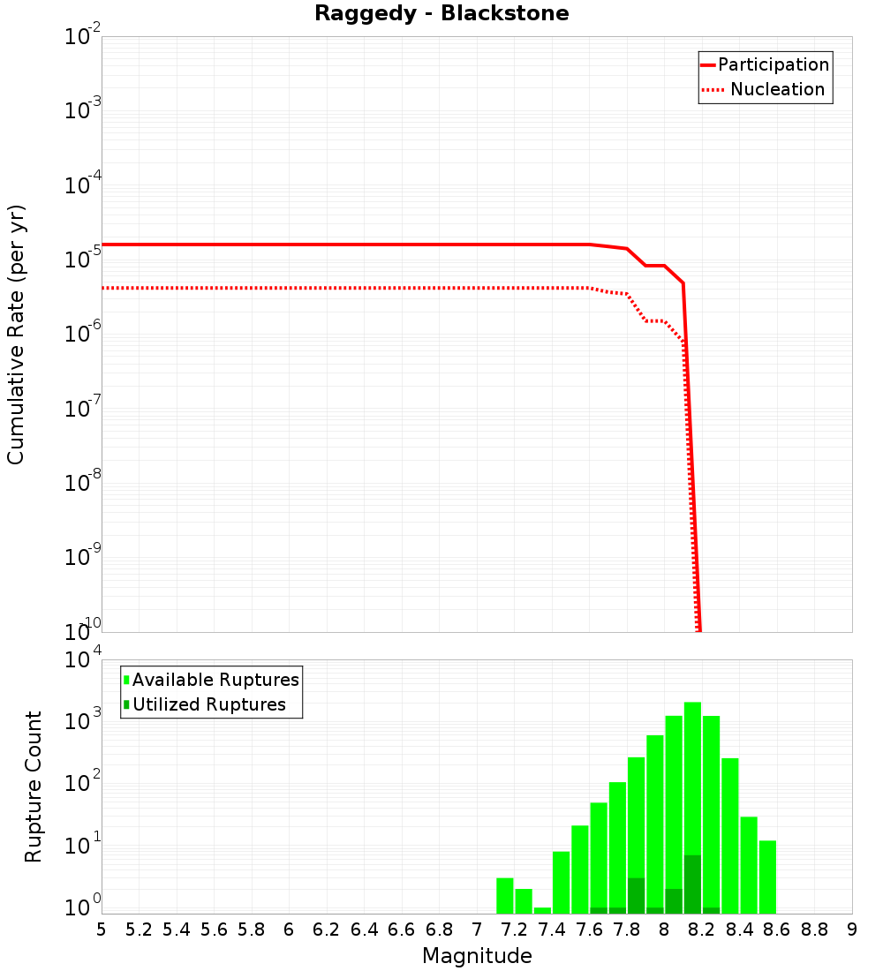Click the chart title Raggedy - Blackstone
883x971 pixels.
click(441, 13)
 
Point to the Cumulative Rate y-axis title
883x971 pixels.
click(16, 334)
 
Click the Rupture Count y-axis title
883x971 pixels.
click(34, 786)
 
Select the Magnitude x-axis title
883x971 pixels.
click(477, 956)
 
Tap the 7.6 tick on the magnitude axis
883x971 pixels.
click(589, 930)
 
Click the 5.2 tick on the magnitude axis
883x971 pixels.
click(140, 930)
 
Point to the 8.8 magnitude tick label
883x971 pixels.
click(814, 930)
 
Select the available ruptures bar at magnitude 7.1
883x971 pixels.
click(504, 895)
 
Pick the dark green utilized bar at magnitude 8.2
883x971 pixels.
click(692, 884)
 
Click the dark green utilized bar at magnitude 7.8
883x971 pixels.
click(636, 895)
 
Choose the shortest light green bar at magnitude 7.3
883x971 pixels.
click(542, 910)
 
